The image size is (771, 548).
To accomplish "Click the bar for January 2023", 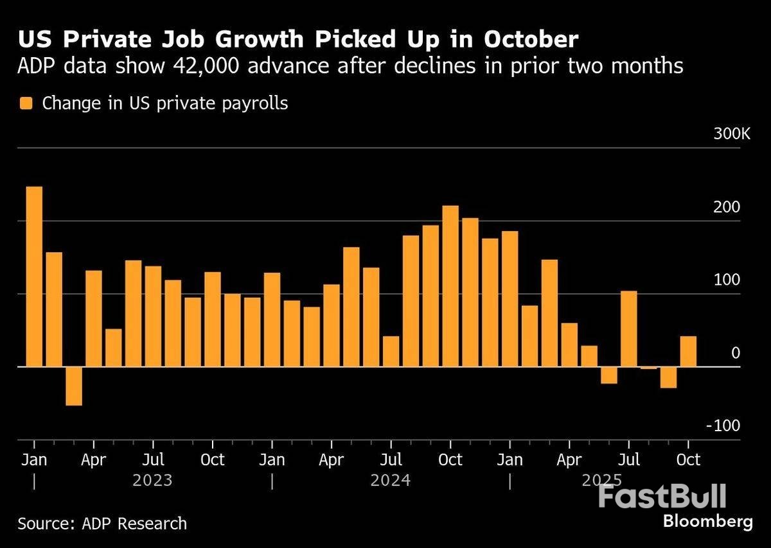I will pos(34,277).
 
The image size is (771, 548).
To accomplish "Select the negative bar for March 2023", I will pos(74,386).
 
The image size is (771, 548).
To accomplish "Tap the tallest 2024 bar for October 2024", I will pos(450,286).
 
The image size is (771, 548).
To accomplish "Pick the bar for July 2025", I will pos(629,329).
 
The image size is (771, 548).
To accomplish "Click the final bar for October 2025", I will pos(688,351).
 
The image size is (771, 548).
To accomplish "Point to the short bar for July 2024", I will pos(391,351).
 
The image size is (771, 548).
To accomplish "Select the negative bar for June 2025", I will pos(609,375).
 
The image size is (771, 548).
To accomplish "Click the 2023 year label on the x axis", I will pos(152,480).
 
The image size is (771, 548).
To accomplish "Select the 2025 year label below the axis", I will pos(601,480).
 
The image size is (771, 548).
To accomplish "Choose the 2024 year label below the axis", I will pos(390,480).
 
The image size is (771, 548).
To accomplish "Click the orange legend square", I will pos(26,103).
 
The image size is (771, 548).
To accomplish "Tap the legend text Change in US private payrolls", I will pos(165,103).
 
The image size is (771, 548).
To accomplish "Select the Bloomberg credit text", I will pos(707,521).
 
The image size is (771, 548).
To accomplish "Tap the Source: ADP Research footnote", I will pos(102,523).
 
